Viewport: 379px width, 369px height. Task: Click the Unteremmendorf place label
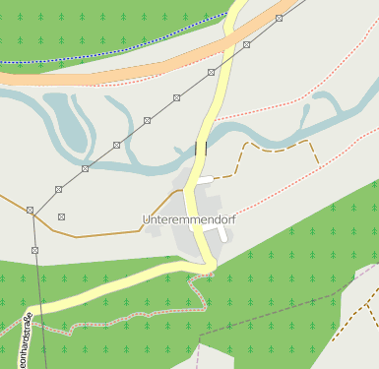point(189,217)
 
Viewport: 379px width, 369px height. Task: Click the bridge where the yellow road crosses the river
point(202,148)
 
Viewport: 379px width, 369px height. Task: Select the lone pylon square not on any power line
point(61,216)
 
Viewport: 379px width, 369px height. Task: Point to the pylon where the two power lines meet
point(31,210)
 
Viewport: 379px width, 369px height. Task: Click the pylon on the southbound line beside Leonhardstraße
point(34,250)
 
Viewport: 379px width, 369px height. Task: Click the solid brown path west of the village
point(98,235)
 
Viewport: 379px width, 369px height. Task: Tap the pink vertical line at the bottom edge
point(198,354)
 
